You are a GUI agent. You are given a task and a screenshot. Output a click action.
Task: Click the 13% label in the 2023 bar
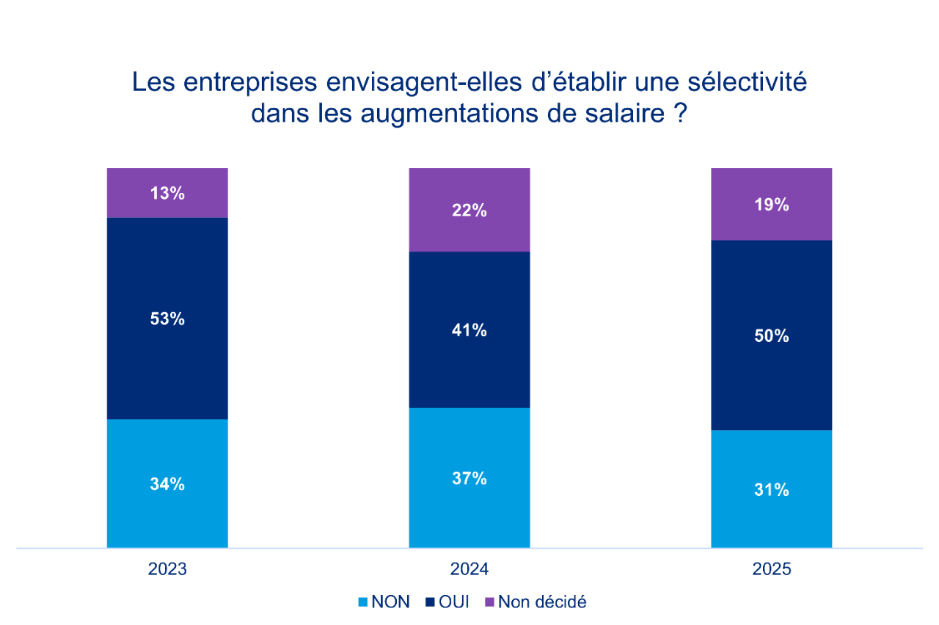167,194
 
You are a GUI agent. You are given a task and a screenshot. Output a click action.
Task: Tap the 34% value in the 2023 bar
167,484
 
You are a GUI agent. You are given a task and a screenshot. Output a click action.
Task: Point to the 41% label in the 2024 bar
469,331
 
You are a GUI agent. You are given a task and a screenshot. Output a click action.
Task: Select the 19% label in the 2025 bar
772,205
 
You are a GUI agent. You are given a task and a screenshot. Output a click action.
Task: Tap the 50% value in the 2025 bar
772,336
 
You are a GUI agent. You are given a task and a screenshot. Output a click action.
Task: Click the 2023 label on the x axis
167,570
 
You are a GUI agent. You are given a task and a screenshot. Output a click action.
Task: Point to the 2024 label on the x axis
469,570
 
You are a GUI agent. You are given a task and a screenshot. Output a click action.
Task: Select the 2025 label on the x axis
772,570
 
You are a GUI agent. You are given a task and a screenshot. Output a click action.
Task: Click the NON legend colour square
362,603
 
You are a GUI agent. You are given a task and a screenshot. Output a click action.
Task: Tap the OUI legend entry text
453,603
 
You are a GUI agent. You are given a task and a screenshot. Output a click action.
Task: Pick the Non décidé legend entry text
542,603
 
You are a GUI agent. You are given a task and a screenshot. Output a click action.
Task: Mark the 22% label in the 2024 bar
469,211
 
